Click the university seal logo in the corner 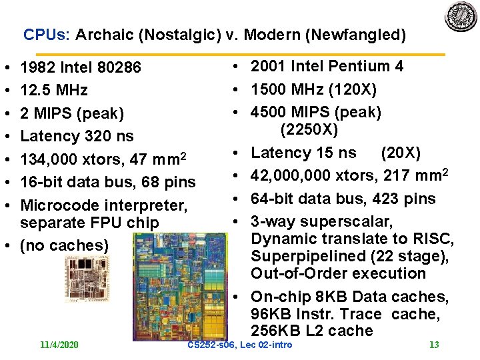pyautogui.click(x=461, y=17)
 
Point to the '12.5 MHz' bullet pyautogui.click(x=54, y=90)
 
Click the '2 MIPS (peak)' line pyautogui.click(x=72, y=113)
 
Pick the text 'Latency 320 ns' pyautogui.click(x=77, y=136)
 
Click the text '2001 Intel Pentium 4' pyautogui.click(x=327, y=66)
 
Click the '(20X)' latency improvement pyautogui.click(x=400, y=153)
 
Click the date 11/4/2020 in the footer pyautogui.click(x=59, y=345)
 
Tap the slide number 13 pyautogui.click(x=434, y=345)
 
